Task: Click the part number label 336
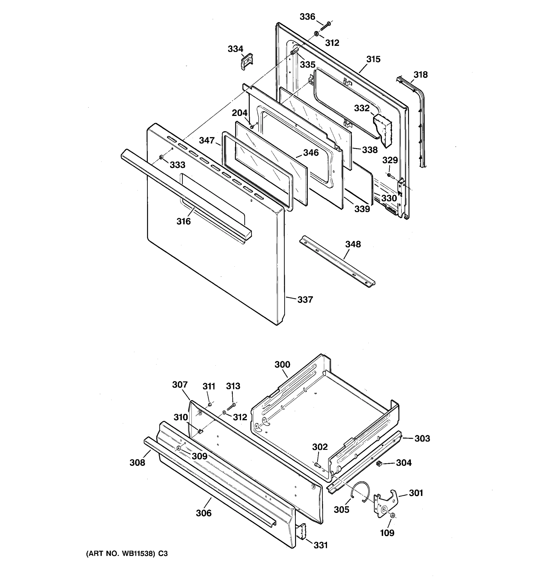pos(307,17)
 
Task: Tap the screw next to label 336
pos(325,26)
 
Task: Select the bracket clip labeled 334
pos(247,62)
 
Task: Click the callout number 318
pos(420,75)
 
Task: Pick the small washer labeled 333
pos(161,158)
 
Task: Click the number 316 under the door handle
pos(183,221)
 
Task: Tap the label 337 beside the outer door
pos(305,299)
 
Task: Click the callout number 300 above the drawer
pos(282,364)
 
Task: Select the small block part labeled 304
pos(379,463)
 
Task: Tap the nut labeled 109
pos(393,515)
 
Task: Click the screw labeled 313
pos(231,406)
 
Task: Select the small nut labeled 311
pos(210,404)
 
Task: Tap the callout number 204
pos(240,113)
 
